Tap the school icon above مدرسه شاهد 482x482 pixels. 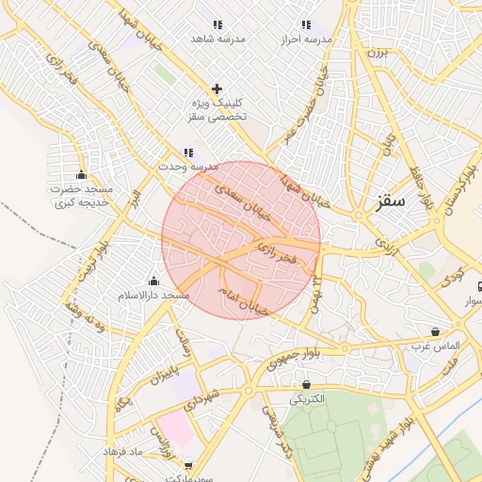click(217, 25)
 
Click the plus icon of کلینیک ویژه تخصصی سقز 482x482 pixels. click(217, 88)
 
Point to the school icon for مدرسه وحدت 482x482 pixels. click(188, 153)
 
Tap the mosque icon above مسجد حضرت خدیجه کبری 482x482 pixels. click(81, 174)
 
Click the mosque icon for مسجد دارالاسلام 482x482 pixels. click(153, 281)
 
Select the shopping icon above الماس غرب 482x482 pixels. click(434, 331)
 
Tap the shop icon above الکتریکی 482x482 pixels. click(307, 384)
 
